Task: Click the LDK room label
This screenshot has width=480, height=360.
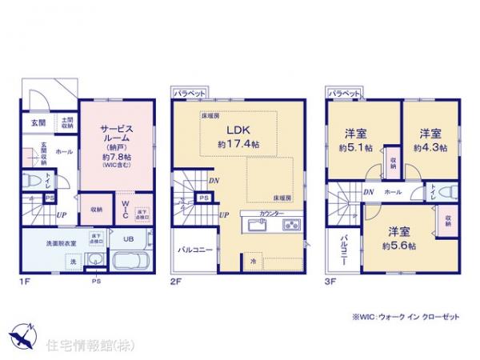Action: [238, 131]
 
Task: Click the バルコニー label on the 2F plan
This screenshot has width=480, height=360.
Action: [195, 250]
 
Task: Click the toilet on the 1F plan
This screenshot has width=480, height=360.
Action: [28, 182]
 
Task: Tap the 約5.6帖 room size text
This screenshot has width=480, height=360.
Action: [398, 246]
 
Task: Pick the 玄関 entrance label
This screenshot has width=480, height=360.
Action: [38, 122]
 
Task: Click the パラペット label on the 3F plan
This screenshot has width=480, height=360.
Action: [344, 94]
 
